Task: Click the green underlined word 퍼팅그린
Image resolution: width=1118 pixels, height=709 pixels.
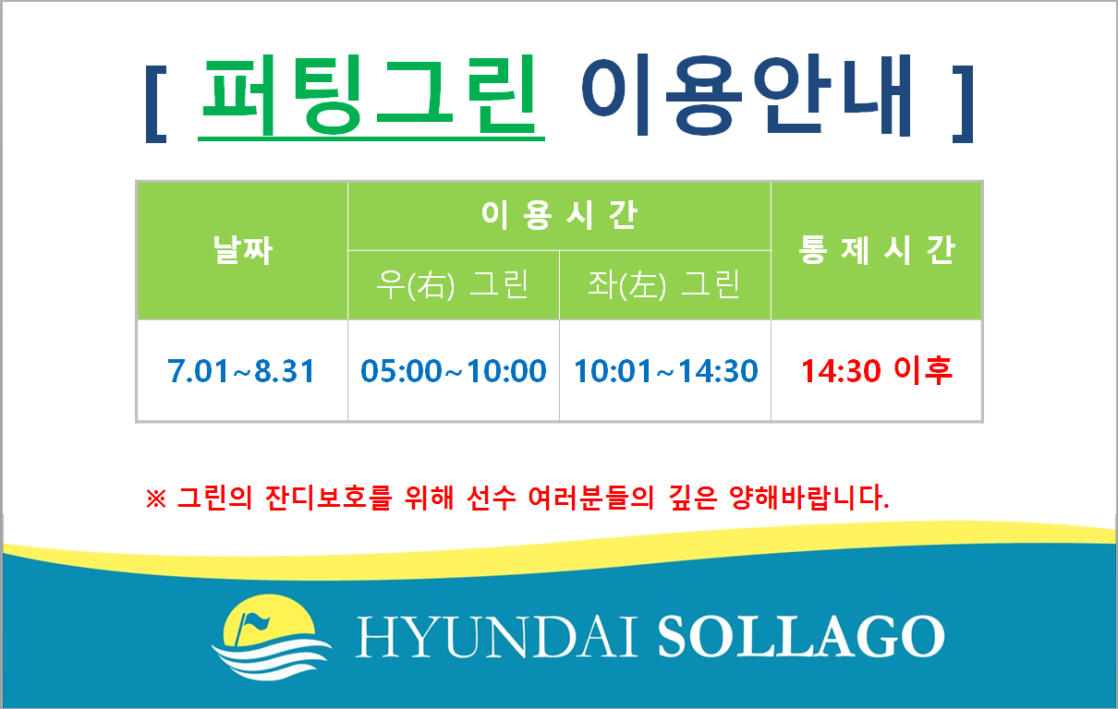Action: point(371,97)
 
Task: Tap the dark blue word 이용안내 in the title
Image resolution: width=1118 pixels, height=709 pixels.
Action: point(747,95)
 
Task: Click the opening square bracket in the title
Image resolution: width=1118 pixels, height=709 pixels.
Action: point(156,104)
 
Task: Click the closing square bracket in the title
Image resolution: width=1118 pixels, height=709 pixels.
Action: point(963,104)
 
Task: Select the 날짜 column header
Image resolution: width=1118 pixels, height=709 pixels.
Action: point(243,250)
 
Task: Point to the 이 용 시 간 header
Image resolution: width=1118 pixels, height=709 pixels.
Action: point(559,215)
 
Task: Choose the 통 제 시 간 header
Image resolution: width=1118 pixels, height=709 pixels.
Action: point(877,250)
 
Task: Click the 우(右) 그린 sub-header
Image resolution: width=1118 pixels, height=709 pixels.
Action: point(453,284)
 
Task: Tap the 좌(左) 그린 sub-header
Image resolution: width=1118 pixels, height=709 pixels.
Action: point(664,284)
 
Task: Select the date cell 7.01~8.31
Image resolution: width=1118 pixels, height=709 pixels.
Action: point(241,371)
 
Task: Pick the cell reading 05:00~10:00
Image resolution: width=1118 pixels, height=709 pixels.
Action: point(453,371)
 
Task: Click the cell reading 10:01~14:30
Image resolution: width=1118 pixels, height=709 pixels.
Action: point(666,371)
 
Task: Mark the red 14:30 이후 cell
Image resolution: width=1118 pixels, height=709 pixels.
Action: point(877,370)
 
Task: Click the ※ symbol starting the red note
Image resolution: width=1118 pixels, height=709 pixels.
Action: point(156,499)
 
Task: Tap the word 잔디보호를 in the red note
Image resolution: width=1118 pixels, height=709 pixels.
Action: point(329,497)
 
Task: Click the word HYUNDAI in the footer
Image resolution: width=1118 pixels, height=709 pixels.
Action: point(496,637)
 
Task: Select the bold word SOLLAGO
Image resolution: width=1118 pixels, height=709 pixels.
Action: point(801,636)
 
